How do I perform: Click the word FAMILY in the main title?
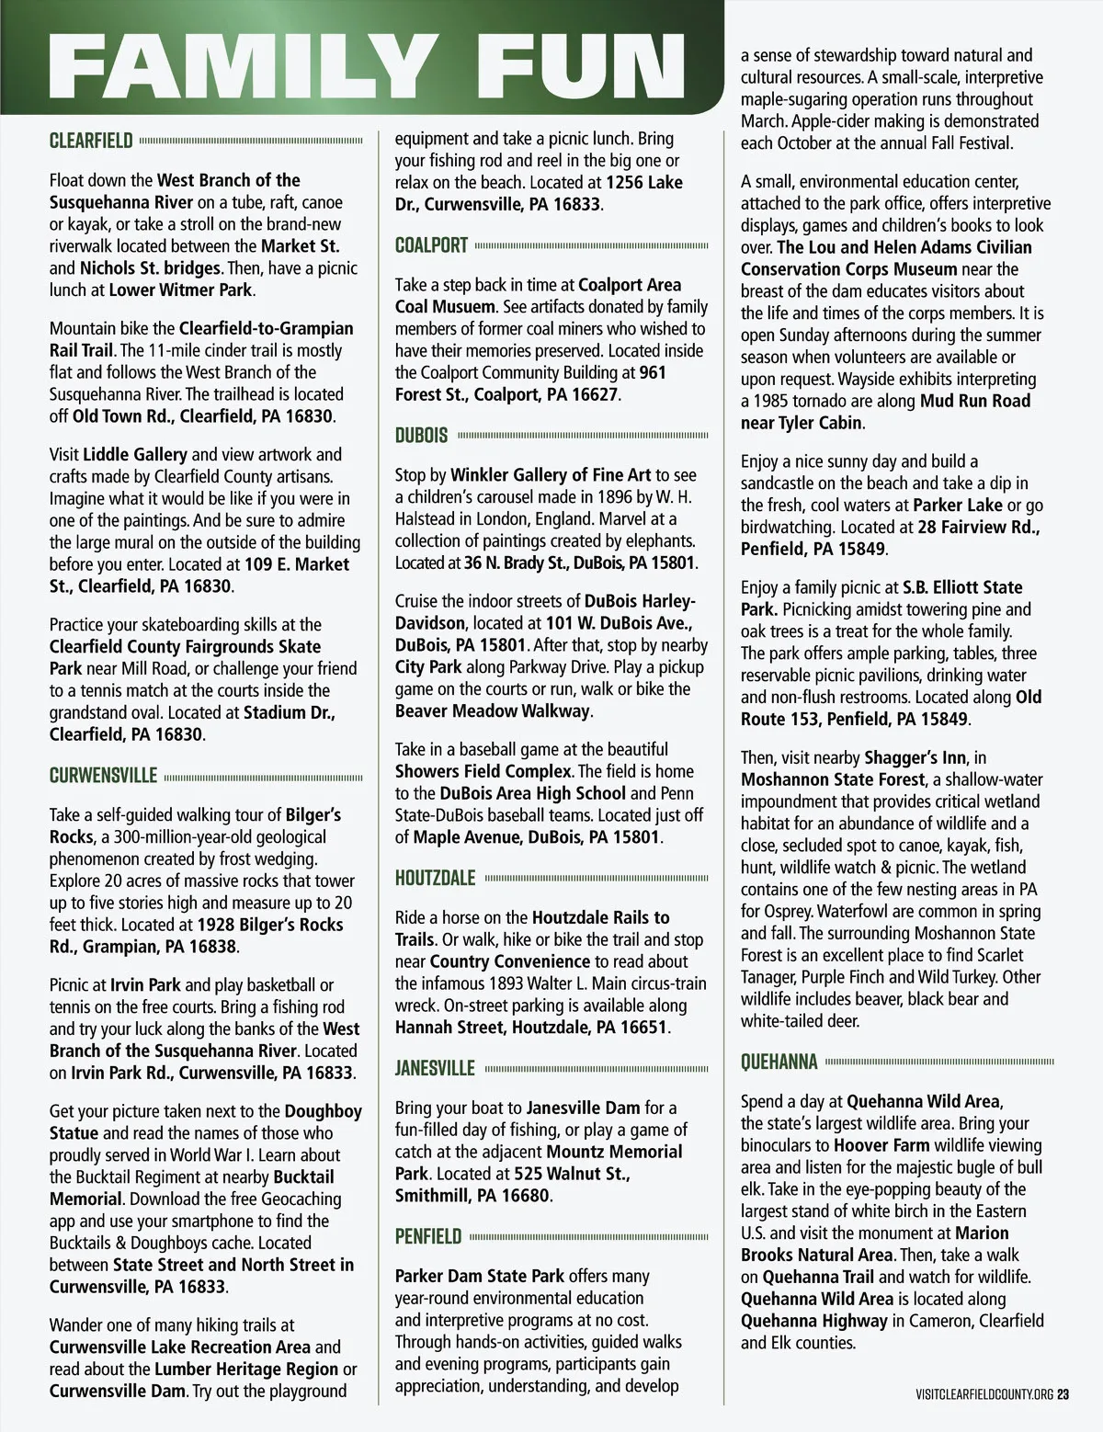239,65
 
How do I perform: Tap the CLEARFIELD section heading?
91,141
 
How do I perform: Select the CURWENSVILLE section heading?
103,776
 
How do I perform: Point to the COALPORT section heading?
431,245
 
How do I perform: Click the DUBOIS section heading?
421,436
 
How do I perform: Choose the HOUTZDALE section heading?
435,878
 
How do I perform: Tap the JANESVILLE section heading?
435,1068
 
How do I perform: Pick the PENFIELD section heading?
428,1236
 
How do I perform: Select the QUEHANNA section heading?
779,1063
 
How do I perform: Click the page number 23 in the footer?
1063,1394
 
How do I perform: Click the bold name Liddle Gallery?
135,454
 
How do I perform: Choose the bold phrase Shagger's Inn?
915,757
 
